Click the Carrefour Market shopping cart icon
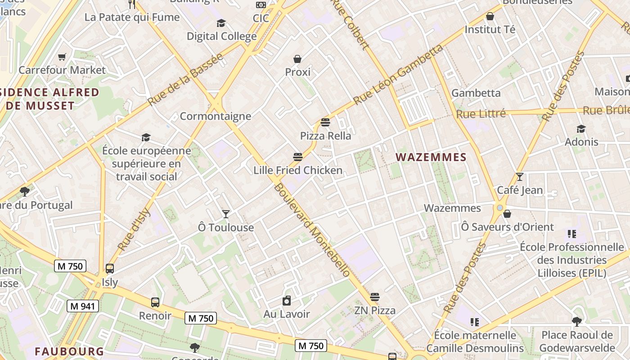tap(62, 57)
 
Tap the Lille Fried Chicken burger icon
tap(297, 157)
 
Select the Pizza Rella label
tap(325, 135)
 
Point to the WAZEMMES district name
tap(431, 157)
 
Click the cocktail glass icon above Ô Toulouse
tap(226, 214)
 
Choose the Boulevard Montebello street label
tap(312, 229)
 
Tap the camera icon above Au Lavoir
tap(287, 301)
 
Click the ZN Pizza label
tap(375, 310)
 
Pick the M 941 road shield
tap(83, 306)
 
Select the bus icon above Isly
tap(110, 269)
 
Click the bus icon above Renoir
tap(155, 302)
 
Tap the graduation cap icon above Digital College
tap(221, 23)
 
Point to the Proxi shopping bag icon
tap(297, 59)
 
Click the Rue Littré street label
tap(481, 114)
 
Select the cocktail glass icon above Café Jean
tap(520, 177)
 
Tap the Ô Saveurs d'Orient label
tap(507, 227)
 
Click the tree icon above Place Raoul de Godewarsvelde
tap(576, 321)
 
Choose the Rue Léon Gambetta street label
tap(398, 75)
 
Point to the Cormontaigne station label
tap(215, 116)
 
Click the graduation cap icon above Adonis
tap(581, 129)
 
